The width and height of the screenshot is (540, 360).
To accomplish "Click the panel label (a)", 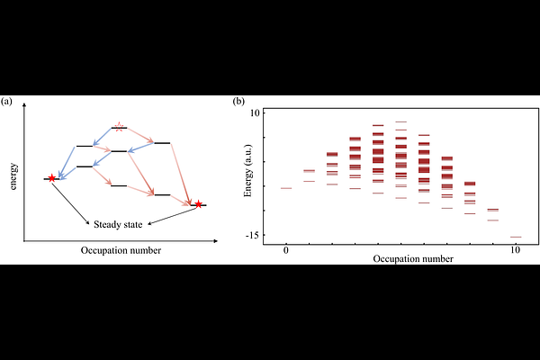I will (7, 102).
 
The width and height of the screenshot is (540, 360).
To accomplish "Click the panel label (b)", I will (238, 102).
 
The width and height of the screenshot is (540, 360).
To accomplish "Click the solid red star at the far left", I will (51, 178).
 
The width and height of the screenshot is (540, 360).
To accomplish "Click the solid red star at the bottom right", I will (199, 204).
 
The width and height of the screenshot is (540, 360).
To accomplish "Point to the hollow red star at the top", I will (119, 126).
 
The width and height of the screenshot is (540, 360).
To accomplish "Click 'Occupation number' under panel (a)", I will (121, 250).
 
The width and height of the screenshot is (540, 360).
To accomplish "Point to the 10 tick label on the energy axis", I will (255, 112).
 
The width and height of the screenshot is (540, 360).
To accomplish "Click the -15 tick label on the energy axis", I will (253, 235).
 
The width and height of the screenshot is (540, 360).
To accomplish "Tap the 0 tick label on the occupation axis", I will (285, 249).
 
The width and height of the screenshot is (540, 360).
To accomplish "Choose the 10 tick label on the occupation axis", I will (515, 249).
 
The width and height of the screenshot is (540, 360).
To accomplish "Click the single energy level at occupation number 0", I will (285, 188).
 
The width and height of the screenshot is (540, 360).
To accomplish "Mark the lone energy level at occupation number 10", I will (516, 237).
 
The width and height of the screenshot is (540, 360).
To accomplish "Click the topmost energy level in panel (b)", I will (400, 121).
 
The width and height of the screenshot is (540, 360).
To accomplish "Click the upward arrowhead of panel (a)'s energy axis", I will (24, 107).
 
